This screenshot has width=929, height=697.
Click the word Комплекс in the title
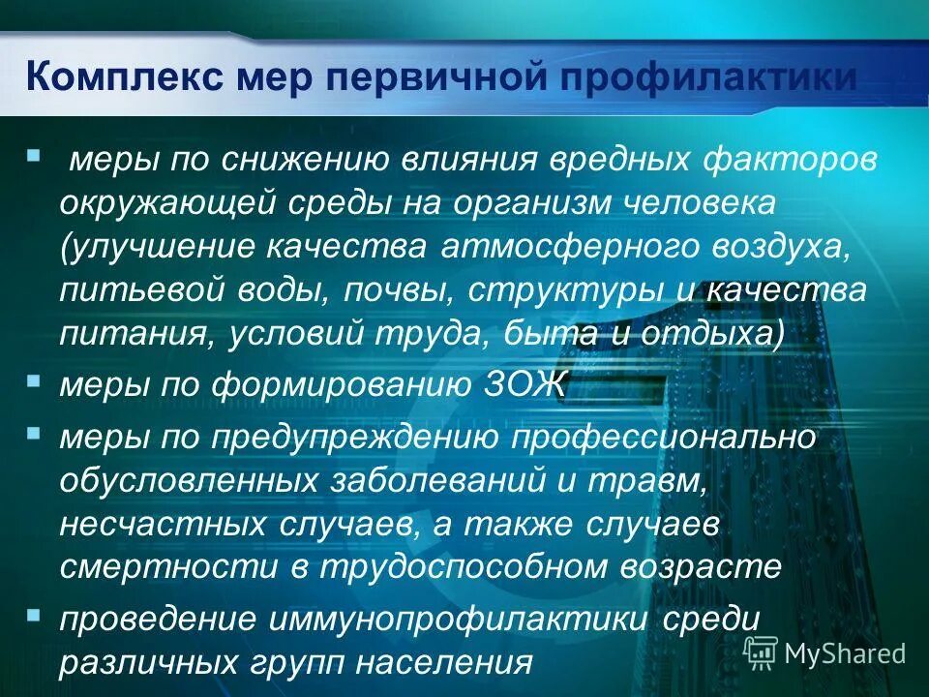tap(118, 76)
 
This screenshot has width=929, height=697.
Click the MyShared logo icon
tap(761, 652)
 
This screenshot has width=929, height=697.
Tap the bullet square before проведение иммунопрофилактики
tap(35, 614)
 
